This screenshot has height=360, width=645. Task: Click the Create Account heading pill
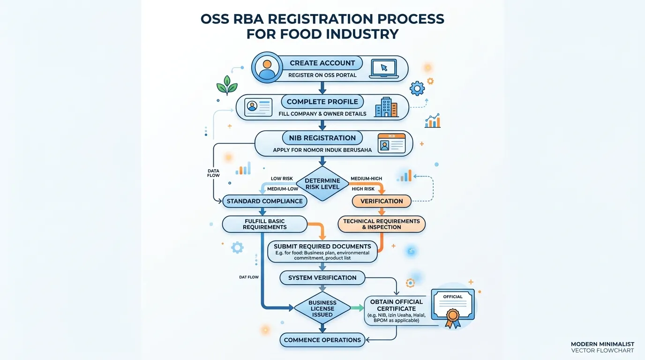tap(322, 63)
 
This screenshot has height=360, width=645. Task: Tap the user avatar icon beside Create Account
tap(267, 67)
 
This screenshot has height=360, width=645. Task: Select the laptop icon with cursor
tap(384, 69)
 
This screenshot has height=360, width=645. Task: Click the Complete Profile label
tap(322, 102)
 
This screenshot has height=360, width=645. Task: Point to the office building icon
tap(386, 107)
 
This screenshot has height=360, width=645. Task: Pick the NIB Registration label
tap(322, 138)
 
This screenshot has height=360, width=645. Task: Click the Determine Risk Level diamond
tap(322, 184)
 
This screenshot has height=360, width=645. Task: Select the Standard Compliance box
tap(265, 201)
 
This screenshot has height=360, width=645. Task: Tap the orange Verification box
tap(382, 201)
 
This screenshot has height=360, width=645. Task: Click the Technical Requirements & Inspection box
tap(382, 224)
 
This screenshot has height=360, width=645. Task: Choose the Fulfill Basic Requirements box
tap(265, 224)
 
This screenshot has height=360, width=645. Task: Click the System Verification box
tap(322, 277)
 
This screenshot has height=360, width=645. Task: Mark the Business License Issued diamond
tap(322, 308)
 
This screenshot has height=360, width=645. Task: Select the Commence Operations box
tap(322, 340)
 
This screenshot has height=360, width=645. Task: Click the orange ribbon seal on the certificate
tap(453, 318)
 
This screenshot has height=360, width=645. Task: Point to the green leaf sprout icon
tap(227, 85)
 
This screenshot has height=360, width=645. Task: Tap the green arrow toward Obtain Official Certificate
tap(357, 308)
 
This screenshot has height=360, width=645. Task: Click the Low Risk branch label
tap(282, 179)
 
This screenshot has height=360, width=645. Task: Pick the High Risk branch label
tap(363, 189)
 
